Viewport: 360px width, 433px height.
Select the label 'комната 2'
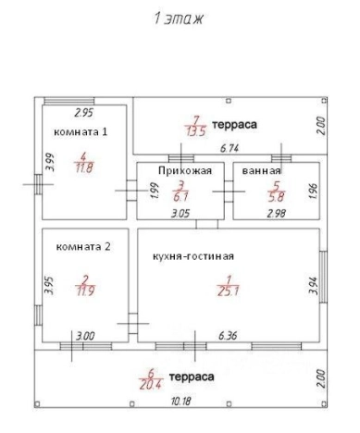[x=83, y=246]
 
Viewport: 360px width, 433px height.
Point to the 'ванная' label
[x=261, y=171]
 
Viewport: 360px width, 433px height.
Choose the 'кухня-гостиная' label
[x=193, y=255]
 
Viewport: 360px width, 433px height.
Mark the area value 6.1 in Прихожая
[x=182, y=195]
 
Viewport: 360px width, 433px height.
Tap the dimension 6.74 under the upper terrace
[x=229, y=147]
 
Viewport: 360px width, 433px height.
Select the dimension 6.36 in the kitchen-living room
[x=228, y=336]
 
